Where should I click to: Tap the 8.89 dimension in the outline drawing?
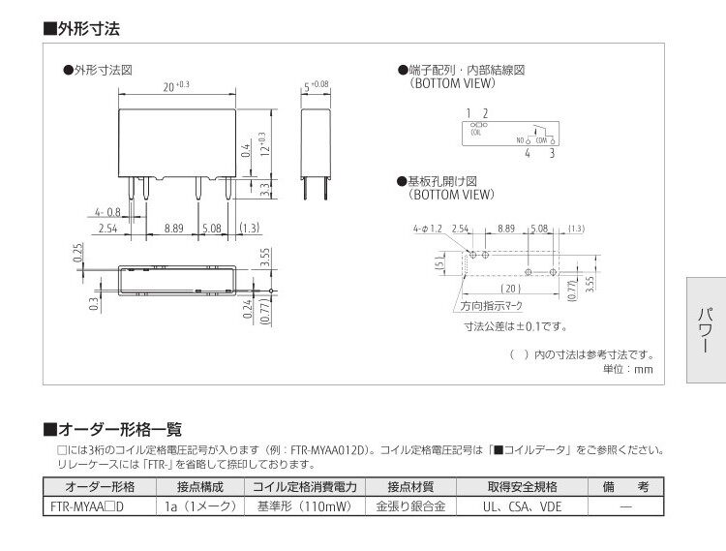174,229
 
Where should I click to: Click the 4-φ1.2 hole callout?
426,229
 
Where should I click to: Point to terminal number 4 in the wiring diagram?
527,153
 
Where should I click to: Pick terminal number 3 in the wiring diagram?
552,153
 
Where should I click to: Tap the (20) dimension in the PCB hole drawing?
512,289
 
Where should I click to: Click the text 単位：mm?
628,369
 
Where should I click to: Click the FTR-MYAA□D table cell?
94,505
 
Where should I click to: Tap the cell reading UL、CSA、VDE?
522,505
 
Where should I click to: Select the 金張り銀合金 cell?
409,505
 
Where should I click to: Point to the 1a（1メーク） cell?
199,505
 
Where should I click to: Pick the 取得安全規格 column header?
522,486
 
